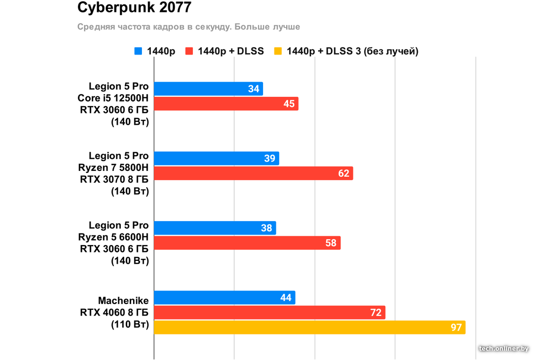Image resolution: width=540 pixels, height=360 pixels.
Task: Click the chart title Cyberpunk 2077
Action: pos(135,8)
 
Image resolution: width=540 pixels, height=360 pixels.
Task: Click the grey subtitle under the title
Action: pos(189,27)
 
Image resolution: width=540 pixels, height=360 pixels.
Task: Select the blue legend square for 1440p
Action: pos(138,51)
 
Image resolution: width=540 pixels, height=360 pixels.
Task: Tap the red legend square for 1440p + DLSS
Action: pos(189,51)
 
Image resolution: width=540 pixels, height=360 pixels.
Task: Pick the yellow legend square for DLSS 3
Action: pos(278,51)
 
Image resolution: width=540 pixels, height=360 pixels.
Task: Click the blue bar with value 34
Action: pos(208,89)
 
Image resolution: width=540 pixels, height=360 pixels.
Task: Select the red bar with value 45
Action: pos(226,104)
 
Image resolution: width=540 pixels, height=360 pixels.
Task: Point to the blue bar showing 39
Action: pos(216,158)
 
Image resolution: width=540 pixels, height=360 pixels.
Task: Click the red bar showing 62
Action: pos(253,173)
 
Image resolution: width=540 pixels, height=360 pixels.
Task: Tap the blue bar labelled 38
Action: pos(215,228)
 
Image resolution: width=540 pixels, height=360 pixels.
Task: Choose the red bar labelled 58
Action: pos(247,243)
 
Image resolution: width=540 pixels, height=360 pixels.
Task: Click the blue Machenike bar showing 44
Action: pos(224,298)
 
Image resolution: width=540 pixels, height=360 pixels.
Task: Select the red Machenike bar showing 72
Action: pos(270,312)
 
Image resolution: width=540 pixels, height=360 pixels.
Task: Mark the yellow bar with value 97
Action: pos(309,327)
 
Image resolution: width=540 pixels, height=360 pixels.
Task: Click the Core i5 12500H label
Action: pos(113,98)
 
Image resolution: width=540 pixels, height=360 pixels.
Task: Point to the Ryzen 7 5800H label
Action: pos(113,168)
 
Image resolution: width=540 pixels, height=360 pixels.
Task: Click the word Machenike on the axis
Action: pos(123,300)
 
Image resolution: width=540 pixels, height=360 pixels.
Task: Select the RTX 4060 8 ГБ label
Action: pos(114,312)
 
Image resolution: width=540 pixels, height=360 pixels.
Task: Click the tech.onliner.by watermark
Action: pos(504,348)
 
